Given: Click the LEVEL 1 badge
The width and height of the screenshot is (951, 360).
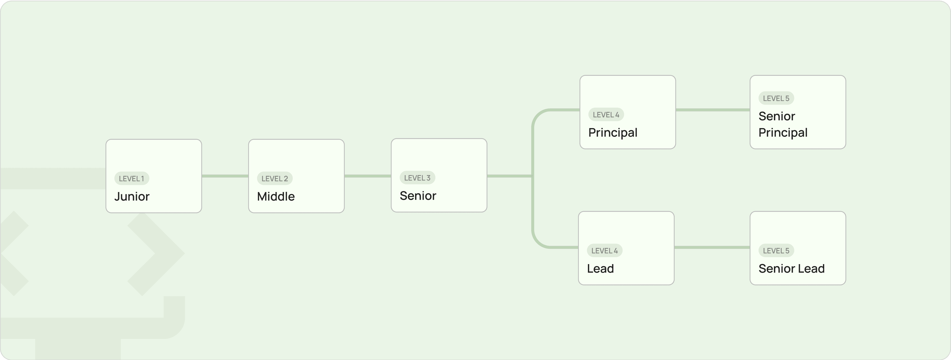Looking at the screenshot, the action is (132, 178).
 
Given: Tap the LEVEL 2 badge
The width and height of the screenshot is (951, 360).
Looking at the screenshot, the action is (275, 178).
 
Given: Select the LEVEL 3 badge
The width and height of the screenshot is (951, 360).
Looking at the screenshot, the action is (417, 178).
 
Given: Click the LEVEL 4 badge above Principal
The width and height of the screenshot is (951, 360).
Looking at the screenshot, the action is (606, 114).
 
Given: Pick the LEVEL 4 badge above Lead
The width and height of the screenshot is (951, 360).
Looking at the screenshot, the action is (604, 250).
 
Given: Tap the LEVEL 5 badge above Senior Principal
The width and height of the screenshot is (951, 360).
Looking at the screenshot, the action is (776, 98).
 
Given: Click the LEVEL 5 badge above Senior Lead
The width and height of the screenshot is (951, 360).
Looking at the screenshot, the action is (776, 250).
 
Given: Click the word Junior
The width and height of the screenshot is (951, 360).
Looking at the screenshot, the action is (132, 196).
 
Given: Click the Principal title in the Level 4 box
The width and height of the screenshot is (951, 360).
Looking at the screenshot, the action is (613, 133).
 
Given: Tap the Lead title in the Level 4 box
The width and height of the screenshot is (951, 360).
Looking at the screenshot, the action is (600, 268).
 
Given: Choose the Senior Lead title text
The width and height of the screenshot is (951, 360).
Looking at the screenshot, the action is (792, 268).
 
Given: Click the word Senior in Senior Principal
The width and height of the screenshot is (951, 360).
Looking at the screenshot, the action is (777, 116).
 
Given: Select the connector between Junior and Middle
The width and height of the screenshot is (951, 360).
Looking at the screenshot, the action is (225, 176).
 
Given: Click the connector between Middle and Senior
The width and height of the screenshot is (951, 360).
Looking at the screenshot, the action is (368, 176).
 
